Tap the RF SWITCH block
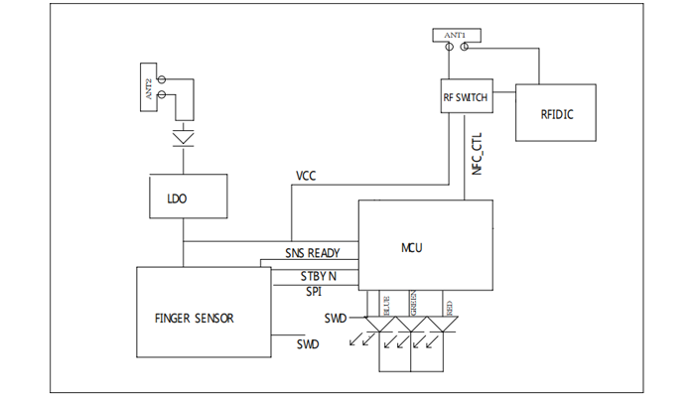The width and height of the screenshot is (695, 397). click(465, 98)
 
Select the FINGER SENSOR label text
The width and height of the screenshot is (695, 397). click(196, 319)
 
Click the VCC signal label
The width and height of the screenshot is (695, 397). click(307, 176)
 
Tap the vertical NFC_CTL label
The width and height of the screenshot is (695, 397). click(478, 154)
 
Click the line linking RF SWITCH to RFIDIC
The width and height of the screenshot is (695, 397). click(500, 91)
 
